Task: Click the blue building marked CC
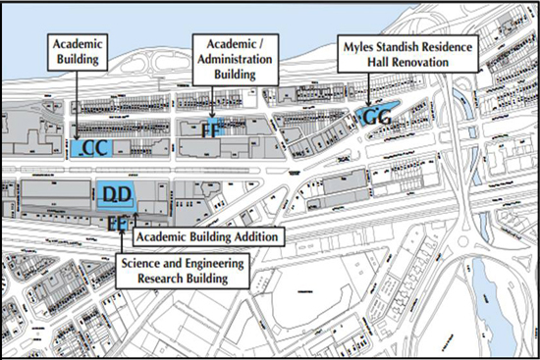coord(94,148)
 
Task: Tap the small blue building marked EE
coord(120,223)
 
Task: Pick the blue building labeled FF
coord(213,128)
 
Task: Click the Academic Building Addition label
coord(208,236)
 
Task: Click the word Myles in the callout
coord(356,45)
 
